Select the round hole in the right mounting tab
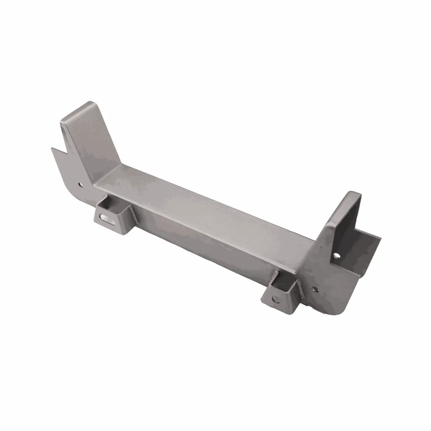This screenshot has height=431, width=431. coord(275,300)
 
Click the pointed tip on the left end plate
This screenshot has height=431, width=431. coord(52,148)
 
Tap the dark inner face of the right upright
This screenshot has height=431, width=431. coord(345,227)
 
